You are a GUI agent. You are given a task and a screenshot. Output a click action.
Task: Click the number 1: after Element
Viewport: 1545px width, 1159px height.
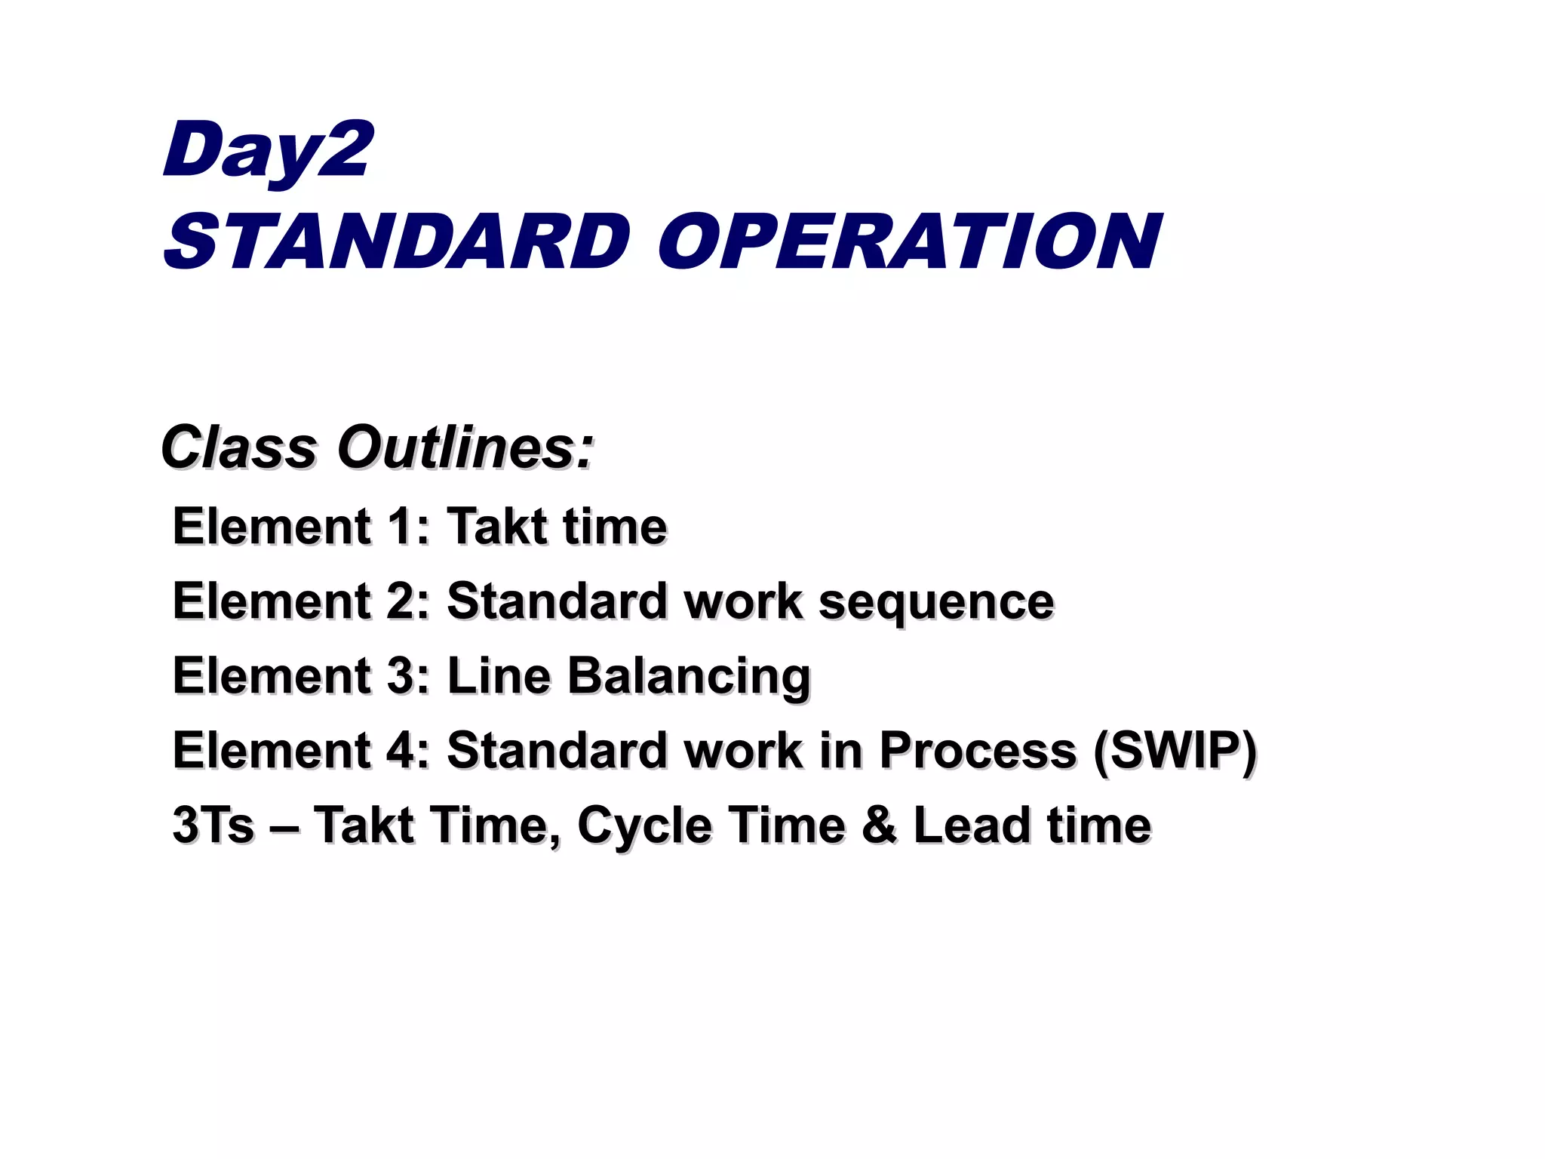[x=408, y=526]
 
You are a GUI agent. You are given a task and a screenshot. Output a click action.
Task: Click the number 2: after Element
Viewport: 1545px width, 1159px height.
[x=408, y=601]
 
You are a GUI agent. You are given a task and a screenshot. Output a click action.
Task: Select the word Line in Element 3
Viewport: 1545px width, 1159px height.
[x=499, y=675]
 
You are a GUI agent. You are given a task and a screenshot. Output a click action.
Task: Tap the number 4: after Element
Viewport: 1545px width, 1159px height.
[x=408, y=750]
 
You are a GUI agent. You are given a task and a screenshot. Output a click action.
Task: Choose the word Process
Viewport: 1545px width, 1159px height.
[x=978, y=750]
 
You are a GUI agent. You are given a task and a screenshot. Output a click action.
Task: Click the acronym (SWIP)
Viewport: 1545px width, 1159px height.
[x=1174, y=752]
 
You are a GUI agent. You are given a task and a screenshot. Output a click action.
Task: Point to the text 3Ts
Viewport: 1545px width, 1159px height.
[x=213, y=824]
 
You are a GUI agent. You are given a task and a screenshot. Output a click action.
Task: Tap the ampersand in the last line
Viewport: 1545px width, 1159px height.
[x=879, y=824]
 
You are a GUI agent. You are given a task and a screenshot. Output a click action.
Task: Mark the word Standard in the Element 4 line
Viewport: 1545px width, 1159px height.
[x=557, y=750]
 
